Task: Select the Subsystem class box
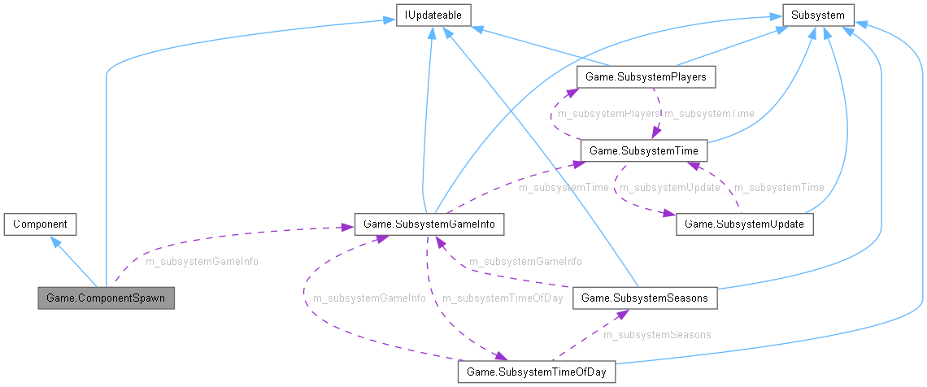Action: [x=818, y=15]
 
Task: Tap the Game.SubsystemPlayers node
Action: [x=646, y=77]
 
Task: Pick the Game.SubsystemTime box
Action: [x=643, y=151]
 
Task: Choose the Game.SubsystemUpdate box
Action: [x=745, y=224]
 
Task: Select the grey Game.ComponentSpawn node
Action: [x=106, y=298]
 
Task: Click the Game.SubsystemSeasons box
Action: [x=645, y=298]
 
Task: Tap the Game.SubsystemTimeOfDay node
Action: [x=537, y=372]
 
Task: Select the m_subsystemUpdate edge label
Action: [x=670, y=188]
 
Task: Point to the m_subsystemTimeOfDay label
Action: [x=502, y=298]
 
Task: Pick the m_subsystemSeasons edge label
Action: [x=657, y=335]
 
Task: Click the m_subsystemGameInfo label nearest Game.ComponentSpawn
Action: [x=202, y=262]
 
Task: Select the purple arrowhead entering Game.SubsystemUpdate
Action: [x=671, y=216]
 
